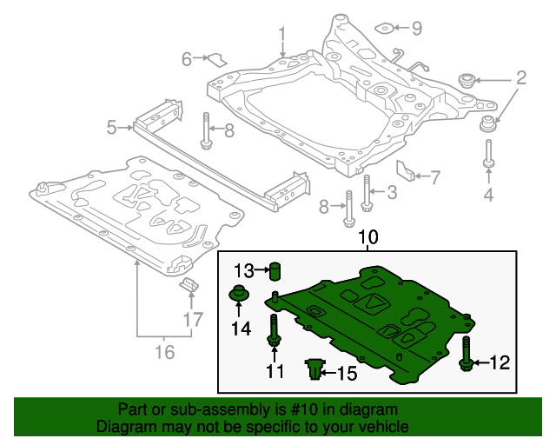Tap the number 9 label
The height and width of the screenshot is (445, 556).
(x=416, y=29)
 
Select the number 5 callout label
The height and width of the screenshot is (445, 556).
(x=111, y=129)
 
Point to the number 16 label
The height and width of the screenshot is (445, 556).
(x=163, y=352)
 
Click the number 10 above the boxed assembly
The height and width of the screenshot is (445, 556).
(x=368, y=237)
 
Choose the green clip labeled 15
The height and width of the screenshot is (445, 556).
(x=314, y=370)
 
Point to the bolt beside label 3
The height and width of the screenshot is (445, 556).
(x=367, y=192)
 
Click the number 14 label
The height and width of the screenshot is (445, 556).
(x=241, y=329)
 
